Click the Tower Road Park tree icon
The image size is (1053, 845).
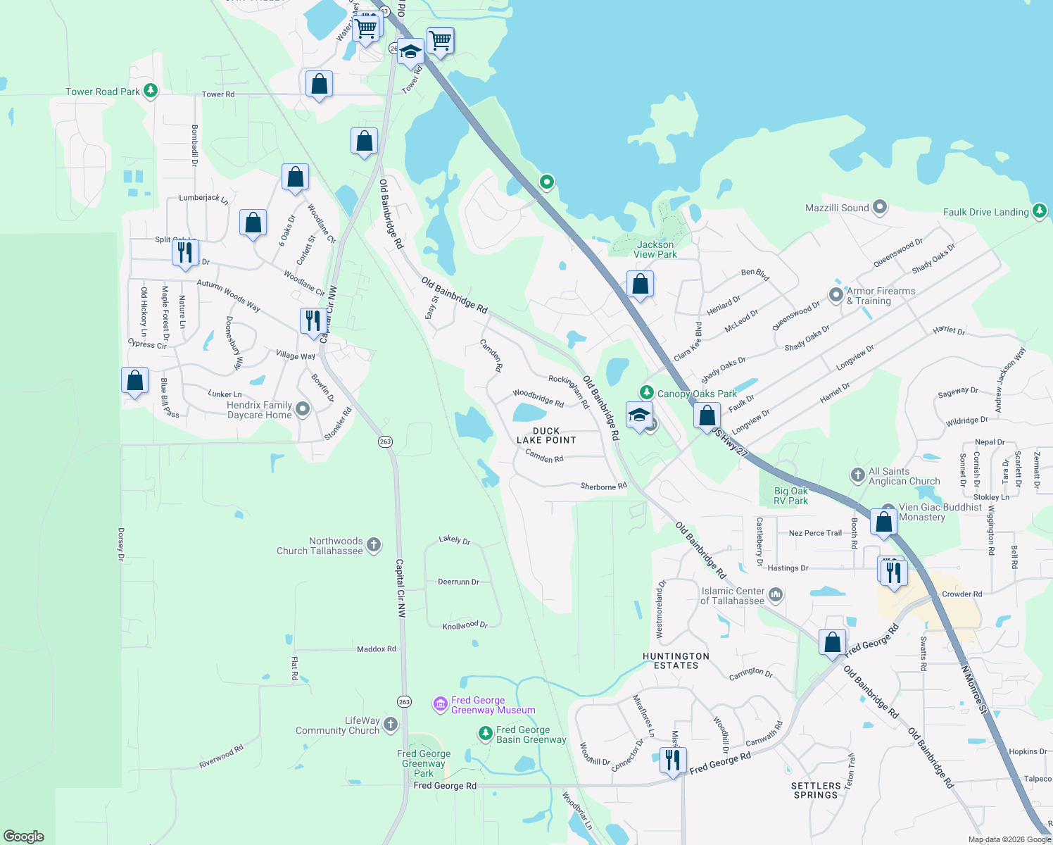click(150, 91)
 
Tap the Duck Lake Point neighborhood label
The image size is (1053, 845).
click(546, 435)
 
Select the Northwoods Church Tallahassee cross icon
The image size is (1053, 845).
click(374, 544)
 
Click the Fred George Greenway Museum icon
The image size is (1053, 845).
click(441, 703)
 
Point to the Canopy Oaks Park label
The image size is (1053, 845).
click(697, 394)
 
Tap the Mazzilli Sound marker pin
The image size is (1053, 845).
click(879, 208)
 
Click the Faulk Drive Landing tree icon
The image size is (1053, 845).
click(1040, 211)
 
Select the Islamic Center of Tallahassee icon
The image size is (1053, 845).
click(775, 595)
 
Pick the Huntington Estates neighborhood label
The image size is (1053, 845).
click(676, 661)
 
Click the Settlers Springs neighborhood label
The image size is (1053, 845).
click(816, 790)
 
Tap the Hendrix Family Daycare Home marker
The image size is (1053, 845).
click(303, 409)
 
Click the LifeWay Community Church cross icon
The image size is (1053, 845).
click(391, 724)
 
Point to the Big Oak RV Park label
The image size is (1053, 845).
click(791, 496)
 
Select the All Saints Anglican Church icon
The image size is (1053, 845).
click(857, 475)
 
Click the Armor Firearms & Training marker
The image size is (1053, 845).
click(836, 295)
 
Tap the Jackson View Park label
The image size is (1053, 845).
click(655, 249)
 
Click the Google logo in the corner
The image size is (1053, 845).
click(24, 836)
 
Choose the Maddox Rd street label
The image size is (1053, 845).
click(377, 649)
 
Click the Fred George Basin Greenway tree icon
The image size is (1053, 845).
click(485, 734)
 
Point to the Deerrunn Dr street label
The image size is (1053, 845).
click(458, 582)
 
